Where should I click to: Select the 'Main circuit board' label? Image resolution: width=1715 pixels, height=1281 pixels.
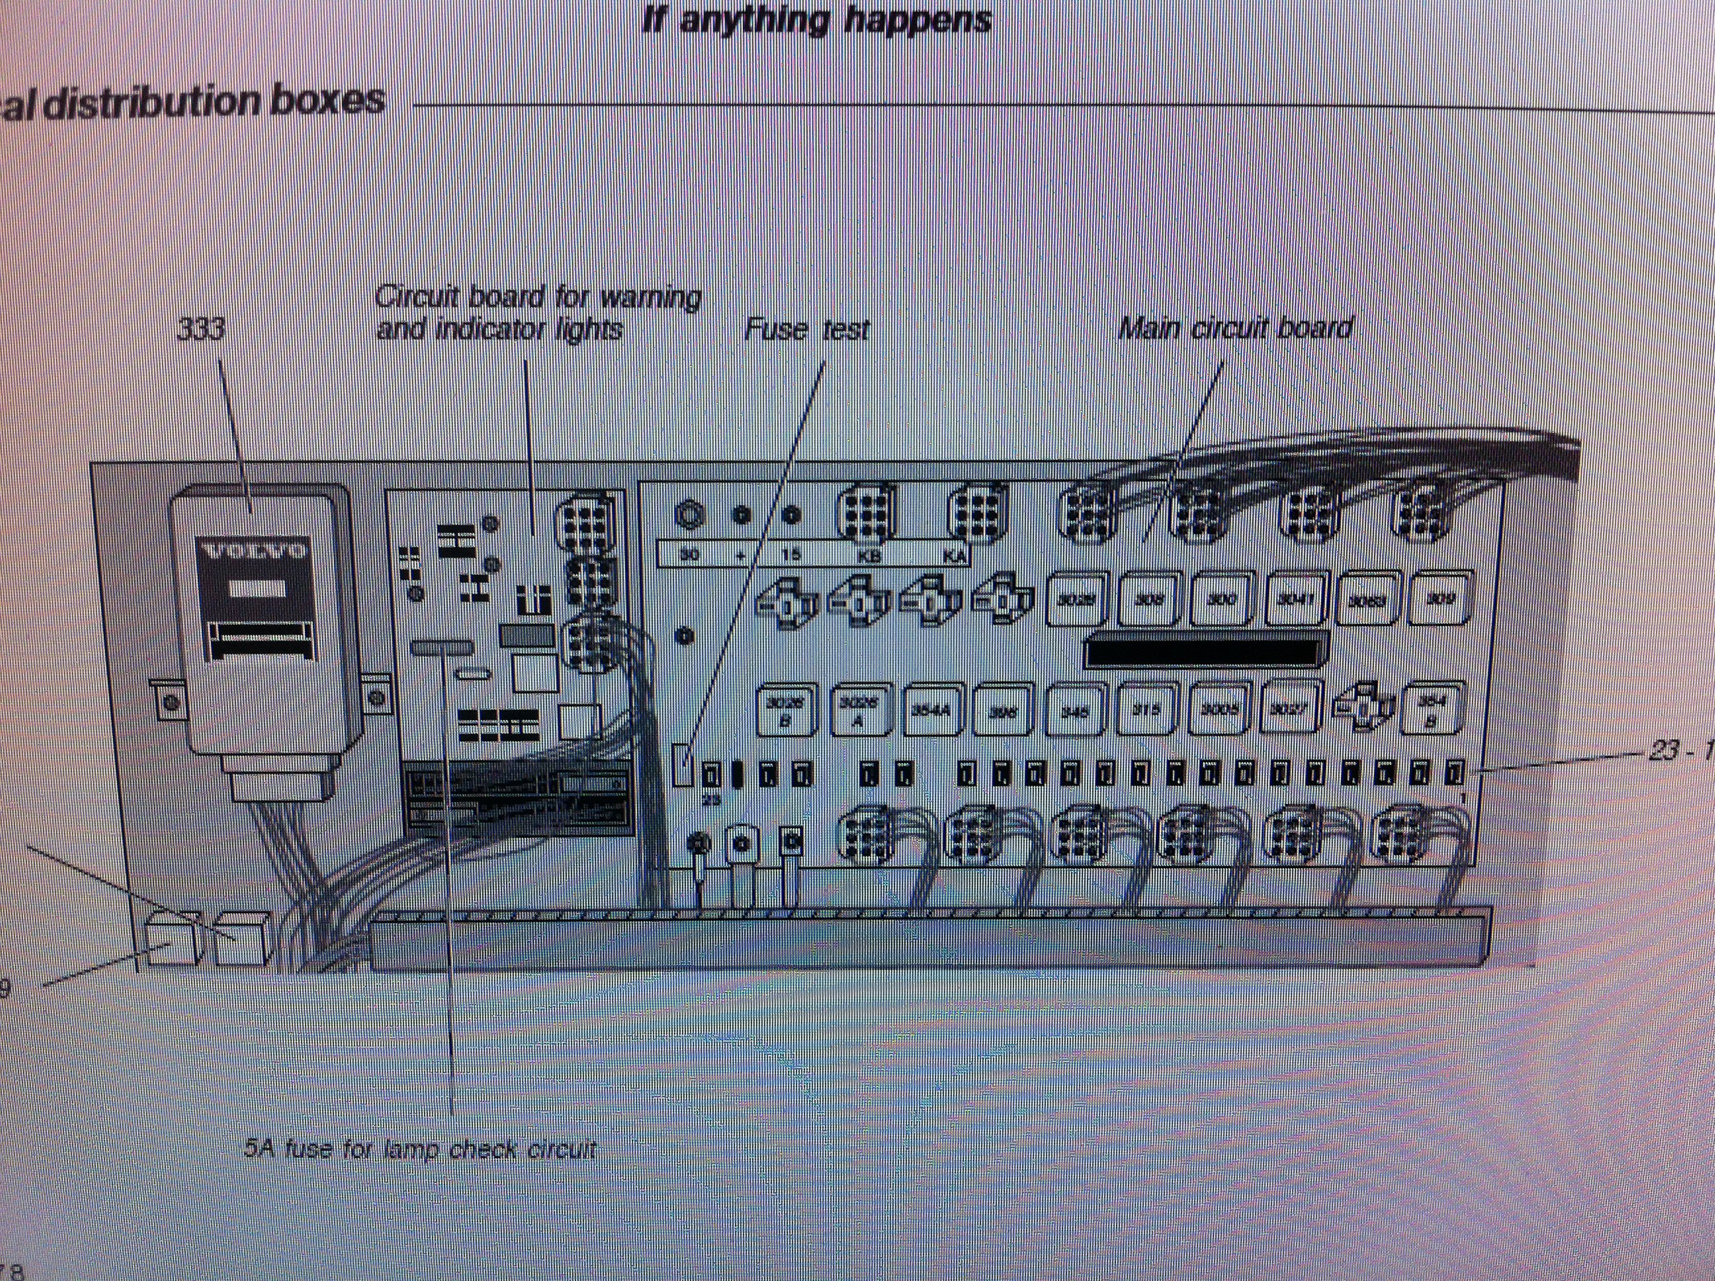point(1236,329)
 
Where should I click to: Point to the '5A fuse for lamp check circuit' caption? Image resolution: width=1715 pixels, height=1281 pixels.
point(420,1149)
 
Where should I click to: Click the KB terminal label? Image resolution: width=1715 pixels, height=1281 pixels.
point(865,555)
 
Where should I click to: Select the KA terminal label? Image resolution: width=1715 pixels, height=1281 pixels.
point(953,555)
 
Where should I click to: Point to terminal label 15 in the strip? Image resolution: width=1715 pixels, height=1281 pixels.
point(790,555)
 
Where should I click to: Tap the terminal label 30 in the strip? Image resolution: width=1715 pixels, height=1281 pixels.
point(689,555)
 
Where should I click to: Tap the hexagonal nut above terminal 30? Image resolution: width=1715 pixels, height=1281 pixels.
point(689,514)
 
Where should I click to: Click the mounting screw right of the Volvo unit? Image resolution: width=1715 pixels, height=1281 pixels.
point(378,699)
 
